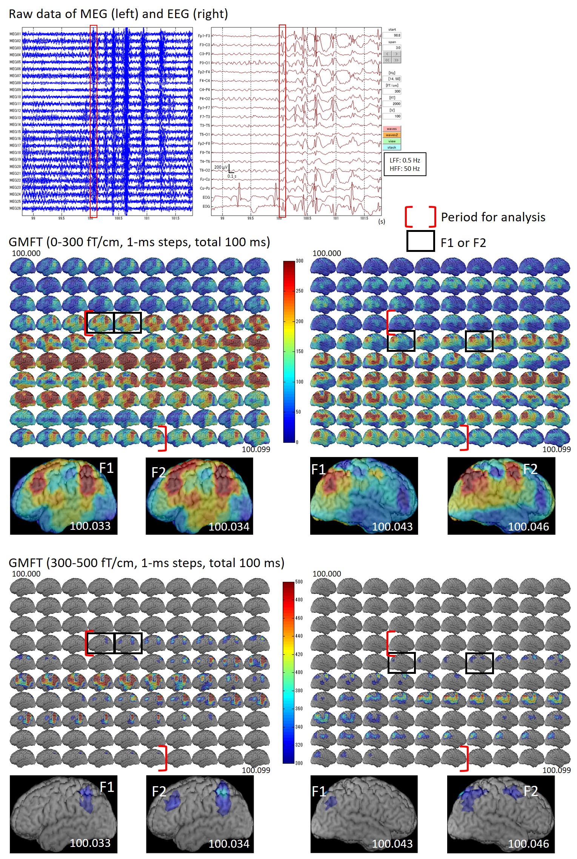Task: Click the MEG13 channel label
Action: pyautogui.click(x=15, y=118)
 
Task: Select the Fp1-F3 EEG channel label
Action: pyautogui.click(x=204, y=36)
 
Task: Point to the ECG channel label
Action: pyautogui.click(x=206, y=197)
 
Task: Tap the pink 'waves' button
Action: pyautogui.click(x=392, y=129)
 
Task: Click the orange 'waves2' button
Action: pyautogui.click(x=392, y=135)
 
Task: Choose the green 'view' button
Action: pyautogui.click(x=392, y=141)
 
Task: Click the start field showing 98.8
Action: pyautogui.click(x=392, y=35)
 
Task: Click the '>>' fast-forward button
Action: pyautogui.click(x=396, y=60)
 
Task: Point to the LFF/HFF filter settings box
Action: pyautogui.click(x=405, y=164)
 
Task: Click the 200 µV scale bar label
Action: pyautogui.click(x=221, y=167)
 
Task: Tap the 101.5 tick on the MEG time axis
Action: pyautogui.click(x=175, y=218)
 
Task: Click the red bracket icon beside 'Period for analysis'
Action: pyautogui.click(x=420, y=217)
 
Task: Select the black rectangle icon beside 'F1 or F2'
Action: pyautogui.click(x=420, y=241)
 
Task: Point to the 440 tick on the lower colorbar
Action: pyautogui.click(x=299, y=636)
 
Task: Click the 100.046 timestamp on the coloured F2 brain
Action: pyautogui.click(x=528, y=527)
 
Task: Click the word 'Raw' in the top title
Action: pyautogui.click(x=18, y=14)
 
